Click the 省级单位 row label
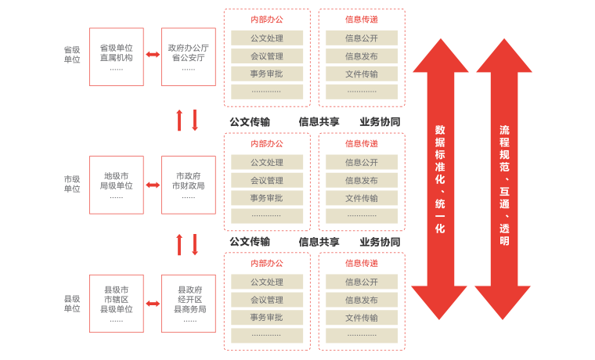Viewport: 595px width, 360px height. (72, 54)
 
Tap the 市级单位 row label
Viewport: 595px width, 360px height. (72, 184)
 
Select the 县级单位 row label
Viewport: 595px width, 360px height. (72, 304)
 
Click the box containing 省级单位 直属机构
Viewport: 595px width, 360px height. (117, 57)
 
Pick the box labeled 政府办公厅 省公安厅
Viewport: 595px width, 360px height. (189, 57)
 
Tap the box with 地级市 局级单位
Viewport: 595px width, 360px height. (117, 185)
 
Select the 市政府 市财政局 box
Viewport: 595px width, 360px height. (189, 185)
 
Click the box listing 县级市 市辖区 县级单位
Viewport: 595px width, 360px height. (117, 304)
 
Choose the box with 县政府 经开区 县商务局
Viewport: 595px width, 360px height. (189, 304)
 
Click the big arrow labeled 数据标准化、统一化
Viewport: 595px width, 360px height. (440, 179)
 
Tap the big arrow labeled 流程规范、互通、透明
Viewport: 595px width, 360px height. (504, 179)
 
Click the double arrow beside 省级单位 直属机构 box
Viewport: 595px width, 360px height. (153, 55)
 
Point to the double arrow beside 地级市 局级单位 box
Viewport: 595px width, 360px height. (153, 185)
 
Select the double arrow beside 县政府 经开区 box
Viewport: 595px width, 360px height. (153, 304)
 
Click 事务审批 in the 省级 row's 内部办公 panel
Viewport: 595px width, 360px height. (267, 74)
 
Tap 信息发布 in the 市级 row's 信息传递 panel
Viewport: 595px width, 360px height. (362, 181)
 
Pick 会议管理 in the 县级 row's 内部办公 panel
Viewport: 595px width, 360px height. (267, 300)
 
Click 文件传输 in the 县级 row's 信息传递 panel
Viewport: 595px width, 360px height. (362, 318)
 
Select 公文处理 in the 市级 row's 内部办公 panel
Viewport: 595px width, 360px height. (267, 163)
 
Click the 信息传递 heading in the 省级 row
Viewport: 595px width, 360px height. (362, 19)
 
